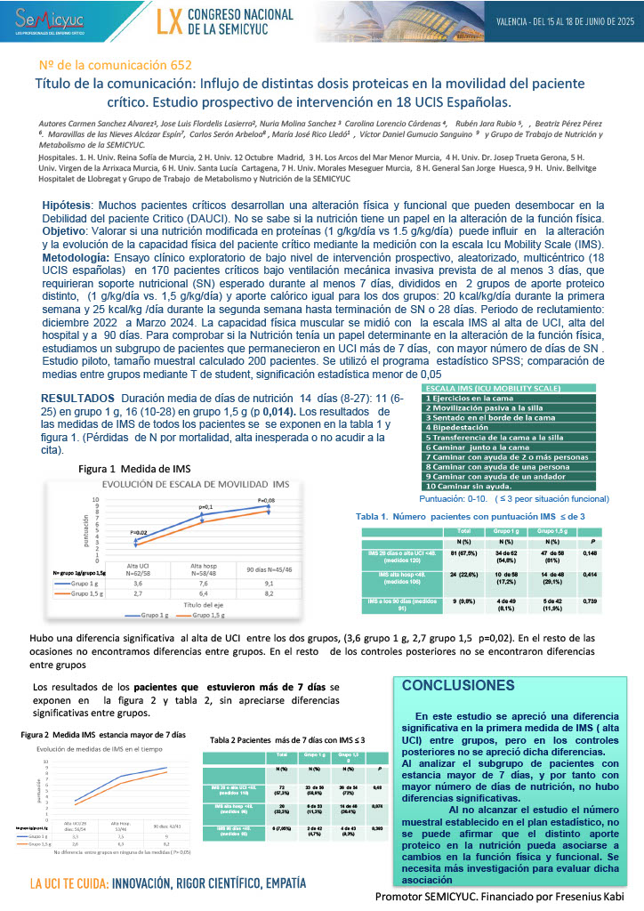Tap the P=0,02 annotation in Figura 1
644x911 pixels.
point(138,532)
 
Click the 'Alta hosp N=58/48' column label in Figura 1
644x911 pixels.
point(206,569)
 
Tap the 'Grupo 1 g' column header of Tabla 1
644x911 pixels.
point(503,530)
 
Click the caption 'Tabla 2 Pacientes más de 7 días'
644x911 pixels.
point(287,740)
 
